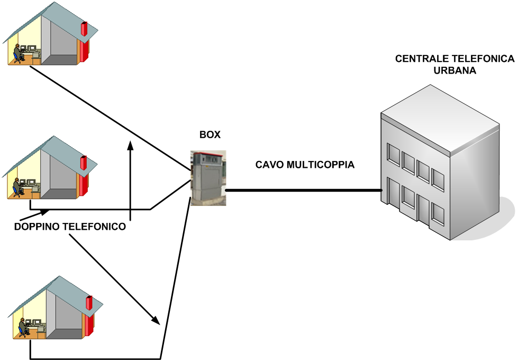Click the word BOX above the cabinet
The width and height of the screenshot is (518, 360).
(x=210, y=135)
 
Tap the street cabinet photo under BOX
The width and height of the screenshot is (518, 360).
(x=208, y=178)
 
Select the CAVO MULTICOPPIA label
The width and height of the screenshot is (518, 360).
(x=305, y=165)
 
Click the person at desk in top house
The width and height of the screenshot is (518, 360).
(x=18, y=53)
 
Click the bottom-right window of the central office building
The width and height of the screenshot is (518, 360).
(x=438, y=213)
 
